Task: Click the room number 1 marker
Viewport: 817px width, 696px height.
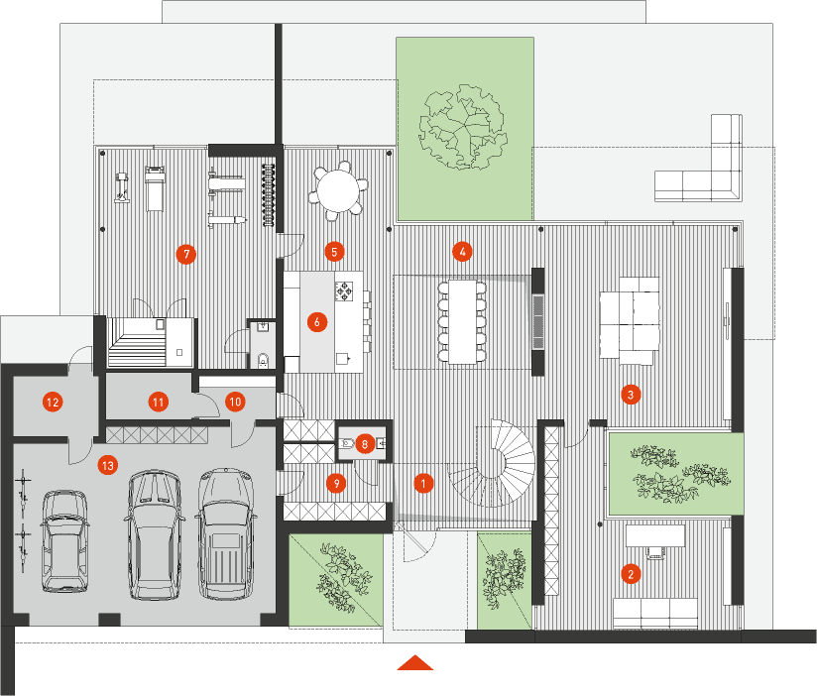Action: pyautogui.click(x=423, y=484)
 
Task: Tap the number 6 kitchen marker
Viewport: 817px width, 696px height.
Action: pyautogui.click(x=317, y=322)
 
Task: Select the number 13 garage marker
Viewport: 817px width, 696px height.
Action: pyautogui.click(x=108, y=465)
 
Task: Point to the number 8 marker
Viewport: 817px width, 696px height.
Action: pyautogui.click(x=365, y=444)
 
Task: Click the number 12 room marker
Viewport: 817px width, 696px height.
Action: pyautogui.click(x=53, y=403)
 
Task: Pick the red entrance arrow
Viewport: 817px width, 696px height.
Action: pyautogui.click(x=415, y=662)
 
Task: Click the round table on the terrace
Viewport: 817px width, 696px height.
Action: pyautogui.click(x=338, y=190)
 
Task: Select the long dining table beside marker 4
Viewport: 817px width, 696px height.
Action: pyautogui.click(x=463, y=321)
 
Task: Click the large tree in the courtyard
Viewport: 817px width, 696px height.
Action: pyautogui.click(x=463, y=128)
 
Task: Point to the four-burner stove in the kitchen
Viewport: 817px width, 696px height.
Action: pyautogui.click(x=344, y=290)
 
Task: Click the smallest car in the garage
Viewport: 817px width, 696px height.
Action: pyautogui.click(x=64, y=540)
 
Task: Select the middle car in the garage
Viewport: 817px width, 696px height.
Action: pyautogui.click(x=155, y=534)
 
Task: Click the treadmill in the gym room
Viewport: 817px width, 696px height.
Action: pyautogui.click(x=155, y=188)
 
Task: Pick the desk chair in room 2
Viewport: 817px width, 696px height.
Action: pyautogui.click(x=656, y=553)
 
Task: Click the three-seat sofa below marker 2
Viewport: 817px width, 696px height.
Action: pyautogui.click(x=655, y=613)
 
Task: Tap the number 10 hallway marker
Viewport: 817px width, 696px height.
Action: pyautogui.click(x=235, y=402)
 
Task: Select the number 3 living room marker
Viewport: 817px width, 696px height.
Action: pyautogui.click(x=631, y=395)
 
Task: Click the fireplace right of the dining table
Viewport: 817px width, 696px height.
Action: pyautogui.click(x=537, y=321)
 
